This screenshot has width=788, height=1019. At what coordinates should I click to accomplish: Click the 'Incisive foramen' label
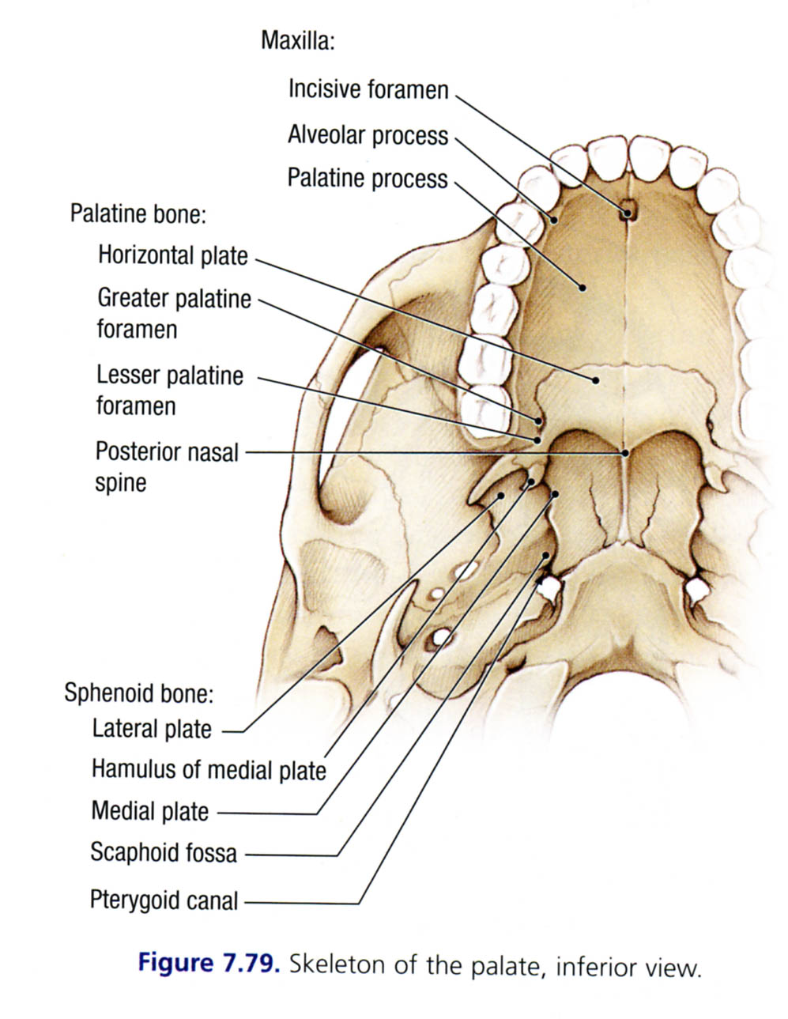point(368,89)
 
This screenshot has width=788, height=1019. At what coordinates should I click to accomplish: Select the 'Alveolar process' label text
point(368,135)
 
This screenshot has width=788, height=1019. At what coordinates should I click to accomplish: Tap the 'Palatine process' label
point(367,178)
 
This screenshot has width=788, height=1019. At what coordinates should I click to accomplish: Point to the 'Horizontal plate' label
point(172,255)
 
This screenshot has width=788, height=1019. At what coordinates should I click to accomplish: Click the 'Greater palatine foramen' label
point(174,313)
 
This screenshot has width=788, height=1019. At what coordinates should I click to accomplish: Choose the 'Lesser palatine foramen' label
point(169,390)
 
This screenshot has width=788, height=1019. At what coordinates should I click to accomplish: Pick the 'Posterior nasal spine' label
point(166,466)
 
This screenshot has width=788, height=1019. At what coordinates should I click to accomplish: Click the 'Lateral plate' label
point(152,728)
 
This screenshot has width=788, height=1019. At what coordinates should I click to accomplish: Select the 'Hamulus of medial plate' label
point(209,769)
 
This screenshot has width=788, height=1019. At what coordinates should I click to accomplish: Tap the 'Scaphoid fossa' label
point(163,852)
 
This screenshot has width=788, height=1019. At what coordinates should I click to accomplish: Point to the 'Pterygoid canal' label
point(164,900)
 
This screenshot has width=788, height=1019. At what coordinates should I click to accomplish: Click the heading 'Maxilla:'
point(297,41)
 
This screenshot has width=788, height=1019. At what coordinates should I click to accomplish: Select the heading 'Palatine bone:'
point(138,213)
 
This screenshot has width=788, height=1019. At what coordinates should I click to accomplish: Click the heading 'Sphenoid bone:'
point(139,693)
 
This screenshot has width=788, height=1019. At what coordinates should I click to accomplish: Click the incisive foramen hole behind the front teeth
point(628,211)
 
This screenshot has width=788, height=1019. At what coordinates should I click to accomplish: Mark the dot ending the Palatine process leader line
point(583,287)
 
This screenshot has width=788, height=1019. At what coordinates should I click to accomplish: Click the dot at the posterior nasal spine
point(624,453)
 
